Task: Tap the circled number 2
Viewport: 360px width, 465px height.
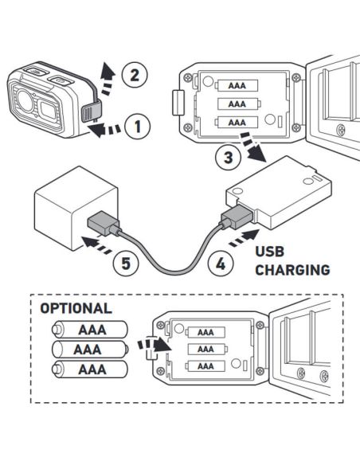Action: [x=135, y=76]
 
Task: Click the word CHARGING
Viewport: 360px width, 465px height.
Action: [x=292, y=270]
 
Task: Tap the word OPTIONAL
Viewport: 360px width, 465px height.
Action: [x=76, y=308]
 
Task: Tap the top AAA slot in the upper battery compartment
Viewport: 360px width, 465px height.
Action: [x=237, y=86]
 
